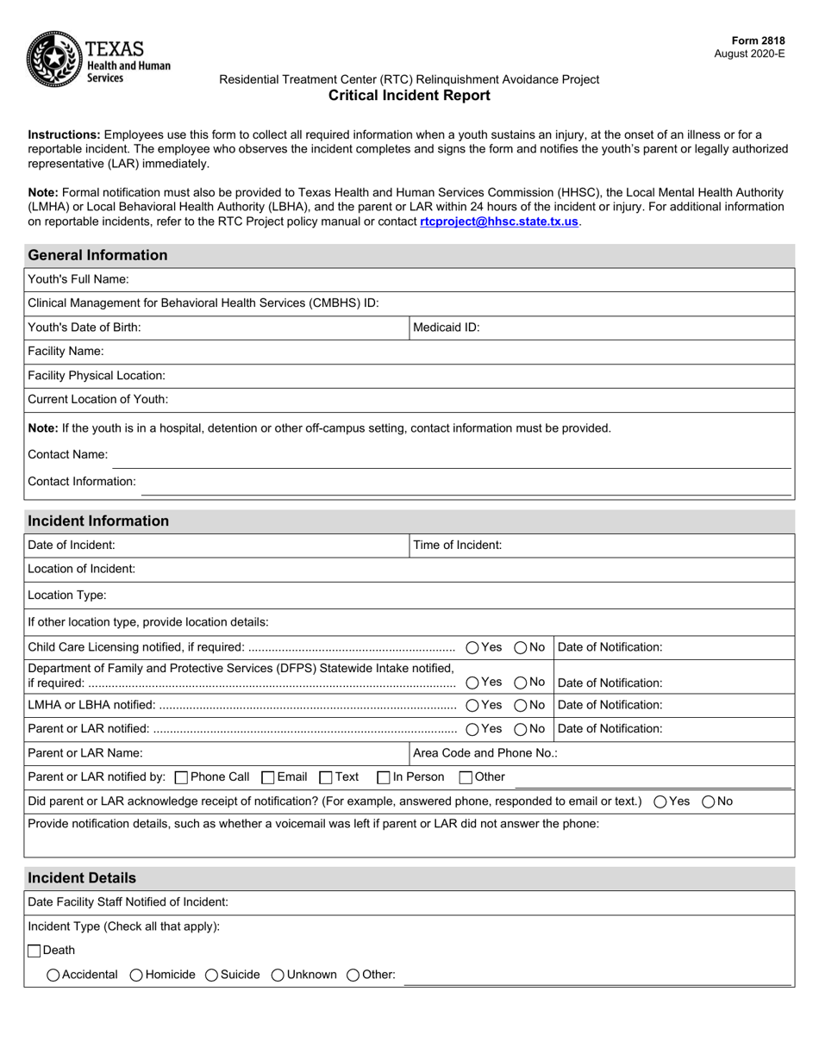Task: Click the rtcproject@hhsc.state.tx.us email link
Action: [x=499, y=221]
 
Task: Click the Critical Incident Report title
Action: [x=409, y=96]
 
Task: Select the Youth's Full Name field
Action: [x=457, y=279]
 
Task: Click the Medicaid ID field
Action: [x=634, y=327]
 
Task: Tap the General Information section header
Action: [x=98, y=255]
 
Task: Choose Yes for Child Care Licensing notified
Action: [x=473, y=647]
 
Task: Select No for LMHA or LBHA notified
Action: [x=521, y=705]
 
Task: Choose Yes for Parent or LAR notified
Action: [x=473, y=729]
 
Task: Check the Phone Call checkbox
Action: [x=181, y=777]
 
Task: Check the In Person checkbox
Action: [x=384, y=777]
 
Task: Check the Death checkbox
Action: [x=34, y=951]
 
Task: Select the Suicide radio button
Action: [x=211, y=976]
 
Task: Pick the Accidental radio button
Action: [x=53, y=976]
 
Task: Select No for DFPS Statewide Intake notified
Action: [x=521, y=683]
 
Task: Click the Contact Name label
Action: [x=68, y=455]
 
